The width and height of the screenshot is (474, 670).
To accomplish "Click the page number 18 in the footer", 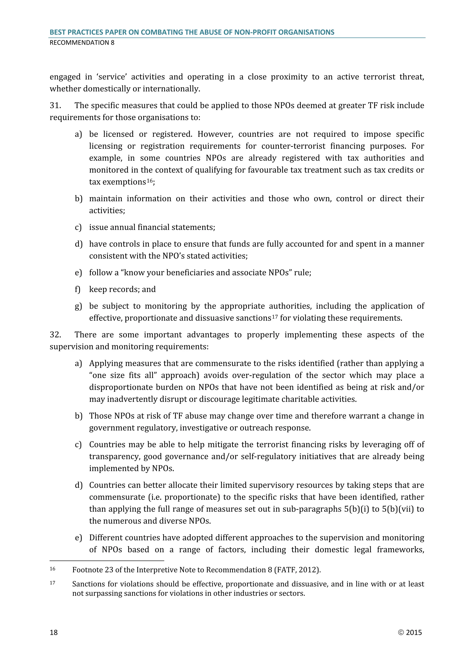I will pos(54,632).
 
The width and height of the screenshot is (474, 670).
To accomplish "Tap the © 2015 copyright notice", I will pos(410,632).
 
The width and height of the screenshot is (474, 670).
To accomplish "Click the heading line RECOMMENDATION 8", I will pos(82,43).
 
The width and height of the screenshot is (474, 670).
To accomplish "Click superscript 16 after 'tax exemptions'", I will pos(150,181).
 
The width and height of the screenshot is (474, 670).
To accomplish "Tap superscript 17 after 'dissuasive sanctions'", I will pos(275,317).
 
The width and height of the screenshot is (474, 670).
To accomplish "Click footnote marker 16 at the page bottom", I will pos(53,569).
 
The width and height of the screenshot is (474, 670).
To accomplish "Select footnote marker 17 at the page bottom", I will pos(53,583).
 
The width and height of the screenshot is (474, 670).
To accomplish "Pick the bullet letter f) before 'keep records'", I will pos(78,289).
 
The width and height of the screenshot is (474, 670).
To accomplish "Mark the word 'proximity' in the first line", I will pos(289,77).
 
